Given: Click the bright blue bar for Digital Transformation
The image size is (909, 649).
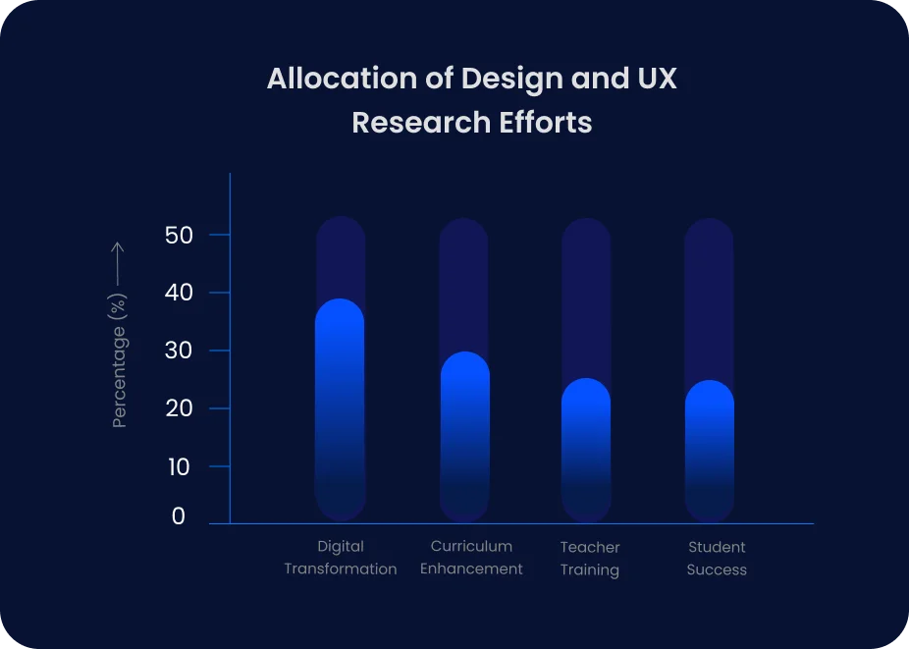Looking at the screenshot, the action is tap(340, 409).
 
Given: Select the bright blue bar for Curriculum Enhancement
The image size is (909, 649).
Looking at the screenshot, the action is tap(465, 436).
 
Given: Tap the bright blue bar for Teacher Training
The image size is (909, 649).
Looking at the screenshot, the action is tap(586, 450).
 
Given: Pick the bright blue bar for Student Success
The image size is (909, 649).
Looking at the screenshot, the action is tap(710, 451).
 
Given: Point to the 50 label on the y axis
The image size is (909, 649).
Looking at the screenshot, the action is tap(179, 236).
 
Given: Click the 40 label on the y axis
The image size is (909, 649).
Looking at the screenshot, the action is tap(179, 293).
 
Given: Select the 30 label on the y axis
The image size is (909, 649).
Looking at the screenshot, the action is tap(179, 351).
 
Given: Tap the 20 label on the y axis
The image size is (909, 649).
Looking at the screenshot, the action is tap(179, 408).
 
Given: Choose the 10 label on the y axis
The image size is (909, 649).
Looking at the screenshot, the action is tap(179, 467).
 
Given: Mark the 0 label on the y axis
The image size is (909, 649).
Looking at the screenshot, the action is tap(179, 516).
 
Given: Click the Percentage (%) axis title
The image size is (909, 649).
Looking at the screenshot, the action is tap(119, 360).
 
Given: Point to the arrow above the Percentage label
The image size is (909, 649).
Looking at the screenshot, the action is tap(118, 264).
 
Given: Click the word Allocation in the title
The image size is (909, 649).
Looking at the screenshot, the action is tap(342, 78).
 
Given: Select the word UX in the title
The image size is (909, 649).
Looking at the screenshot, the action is tap(658, 78).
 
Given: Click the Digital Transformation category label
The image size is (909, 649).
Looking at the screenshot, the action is tap(341, 558).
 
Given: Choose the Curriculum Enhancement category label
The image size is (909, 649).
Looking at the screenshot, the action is tap(471, 558).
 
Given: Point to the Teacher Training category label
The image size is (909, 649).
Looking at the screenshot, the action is tap(590, 559).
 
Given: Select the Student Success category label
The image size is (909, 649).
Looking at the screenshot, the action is tap(717, 559).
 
